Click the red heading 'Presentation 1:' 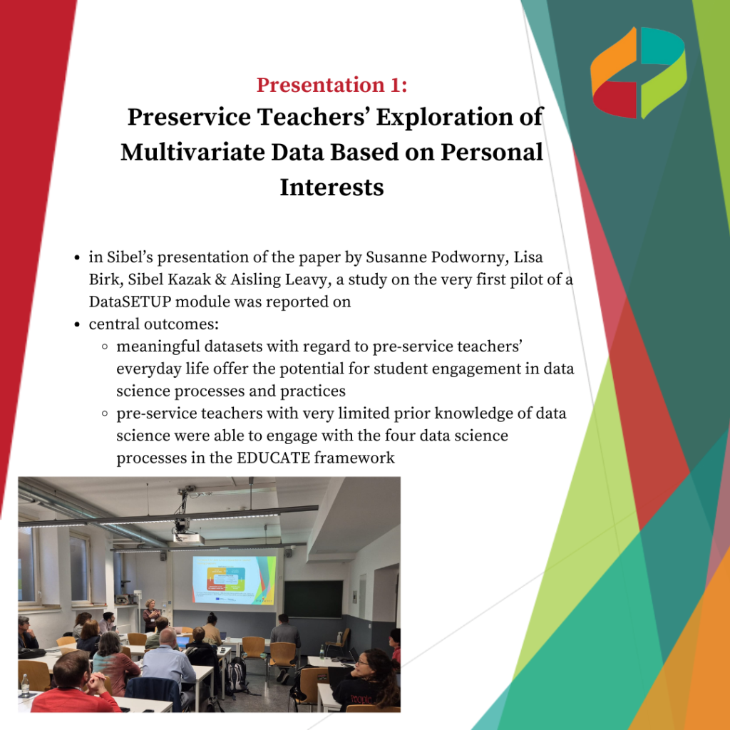coord(332,85)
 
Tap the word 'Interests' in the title coord(332,187)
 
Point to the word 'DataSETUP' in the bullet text coord(130,302)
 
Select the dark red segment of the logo coord(615,100)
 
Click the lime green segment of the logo coord(663,84)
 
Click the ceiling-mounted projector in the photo coord(188,538)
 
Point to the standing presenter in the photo coord(151,615)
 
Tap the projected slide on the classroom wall coord(234,580)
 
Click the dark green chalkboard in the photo coord(314,599)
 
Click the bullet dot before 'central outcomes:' coord(77,324)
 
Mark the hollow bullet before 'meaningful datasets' coord(105,346)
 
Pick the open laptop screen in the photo coord(182,642)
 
